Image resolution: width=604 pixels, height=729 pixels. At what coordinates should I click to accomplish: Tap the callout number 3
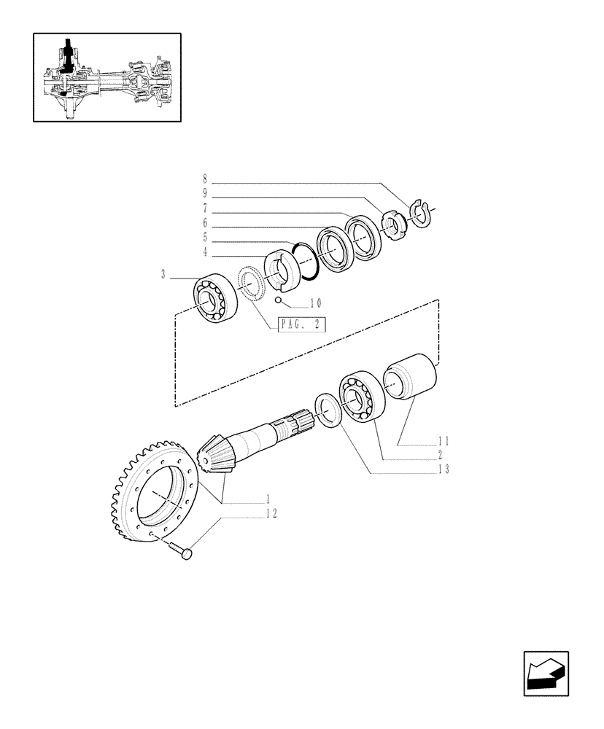pyautogui.click(x=163, y=274)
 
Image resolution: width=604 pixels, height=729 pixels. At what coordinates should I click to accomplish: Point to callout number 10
pyautogui.click(x=314, y=303)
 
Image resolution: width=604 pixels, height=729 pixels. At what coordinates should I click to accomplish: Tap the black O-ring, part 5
pyautogui.click(x=305, y=259)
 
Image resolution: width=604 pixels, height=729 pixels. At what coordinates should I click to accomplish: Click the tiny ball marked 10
pyautogui.click(x=278, y=300)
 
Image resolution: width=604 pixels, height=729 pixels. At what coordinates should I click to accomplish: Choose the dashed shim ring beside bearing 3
pyautogui.click(x=252, y=284)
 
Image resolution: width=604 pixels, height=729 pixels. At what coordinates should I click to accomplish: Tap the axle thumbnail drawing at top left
pyautogui.click(x=107, y=77)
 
